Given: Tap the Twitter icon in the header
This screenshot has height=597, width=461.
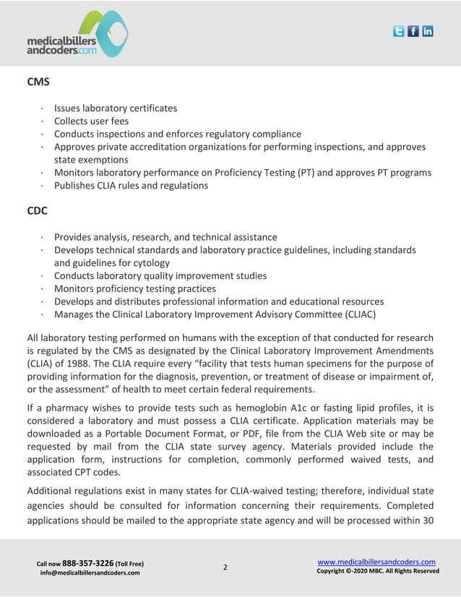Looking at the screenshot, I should tap(398, 31).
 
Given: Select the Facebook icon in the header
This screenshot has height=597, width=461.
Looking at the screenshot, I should tap(413, 31).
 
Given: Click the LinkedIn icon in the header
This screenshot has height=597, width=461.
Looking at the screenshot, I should tap(427, 31).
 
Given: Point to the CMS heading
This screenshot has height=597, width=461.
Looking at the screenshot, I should tap(38, 82).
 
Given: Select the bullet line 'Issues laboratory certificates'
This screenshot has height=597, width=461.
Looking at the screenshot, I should tap(116, 108).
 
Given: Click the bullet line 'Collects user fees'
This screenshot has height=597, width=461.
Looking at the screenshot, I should tap(91, 121).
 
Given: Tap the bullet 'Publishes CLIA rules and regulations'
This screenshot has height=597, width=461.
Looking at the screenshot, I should tap(131, 186).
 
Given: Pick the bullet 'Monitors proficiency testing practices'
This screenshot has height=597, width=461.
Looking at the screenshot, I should tap(135, 288).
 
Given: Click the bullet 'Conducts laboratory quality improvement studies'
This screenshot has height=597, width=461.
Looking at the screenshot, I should tap(160, 275).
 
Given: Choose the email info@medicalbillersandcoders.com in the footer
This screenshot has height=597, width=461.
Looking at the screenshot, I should tap(90, 573).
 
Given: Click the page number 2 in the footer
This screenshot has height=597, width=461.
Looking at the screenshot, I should tap(225, 567).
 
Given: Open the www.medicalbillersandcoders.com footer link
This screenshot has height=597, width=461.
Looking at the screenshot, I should tap(376, 562).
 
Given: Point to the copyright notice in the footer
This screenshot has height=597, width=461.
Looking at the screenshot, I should tap(378, 571).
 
